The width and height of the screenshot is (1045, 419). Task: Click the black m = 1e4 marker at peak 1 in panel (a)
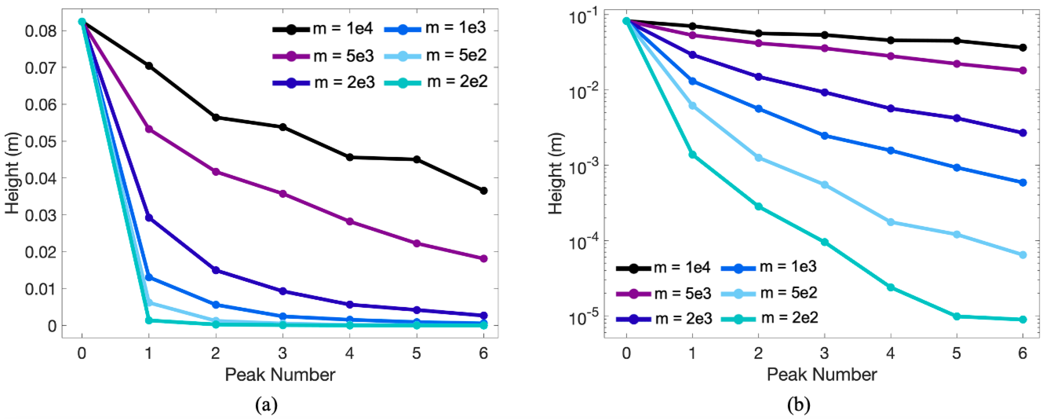pos(149,66)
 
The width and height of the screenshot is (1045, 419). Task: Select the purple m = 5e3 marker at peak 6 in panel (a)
pos(484,259)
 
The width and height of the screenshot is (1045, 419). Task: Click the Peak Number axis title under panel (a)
pos(280,374)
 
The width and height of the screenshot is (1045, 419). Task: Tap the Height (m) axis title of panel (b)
pos(556,173)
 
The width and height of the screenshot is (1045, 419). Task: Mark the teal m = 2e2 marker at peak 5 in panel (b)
pos(956,316)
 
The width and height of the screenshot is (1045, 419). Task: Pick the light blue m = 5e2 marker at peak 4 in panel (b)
pos(891,222)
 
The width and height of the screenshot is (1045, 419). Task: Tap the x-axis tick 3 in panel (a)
pos(282,353)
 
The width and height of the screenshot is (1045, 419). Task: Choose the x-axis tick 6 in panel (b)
pos(1023,353)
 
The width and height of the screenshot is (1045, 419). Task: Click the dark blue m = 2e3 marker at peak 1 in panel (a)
pos(149,218)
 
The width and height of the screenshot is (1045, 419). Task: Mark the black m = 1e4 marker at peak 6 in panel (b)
pos(1023,48)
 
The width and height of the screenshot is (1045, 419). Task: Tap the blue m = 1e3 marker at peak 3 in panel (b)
pos(824,136)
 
